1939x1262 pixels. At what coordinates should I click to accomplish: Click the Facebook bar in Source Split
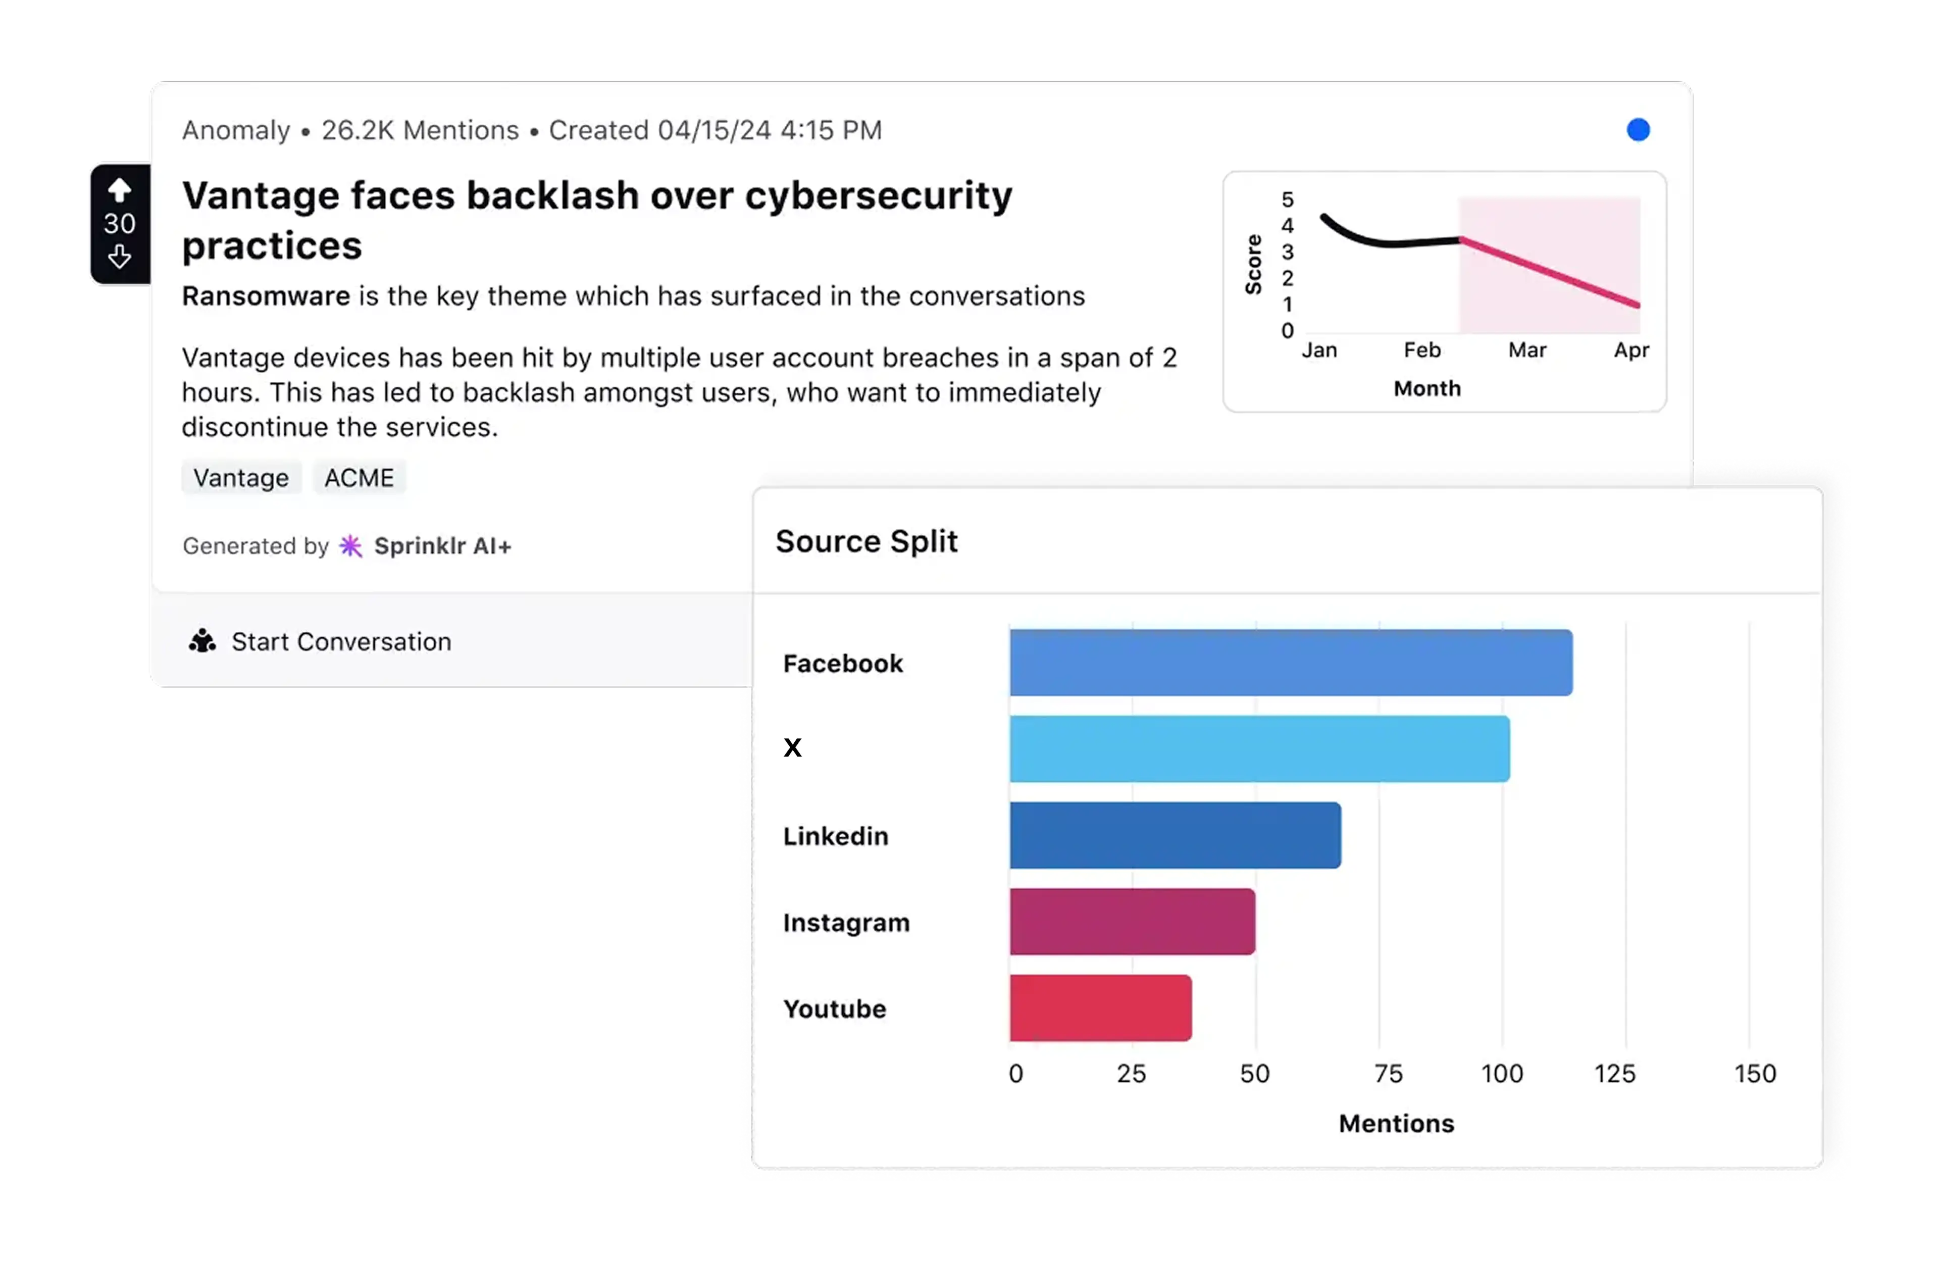pyautogui.click(x=1291, y=663)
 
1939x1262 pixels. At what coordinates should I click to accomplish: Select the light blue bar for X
pyautogui.click(x=1259, y=749)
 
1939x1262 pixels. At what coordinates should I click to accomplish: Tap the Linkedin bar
pyautogui.click(x=1175, y=835)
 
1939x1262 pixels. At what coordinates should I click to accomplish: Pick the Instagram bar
pyautogui.click(x=1132, y=922)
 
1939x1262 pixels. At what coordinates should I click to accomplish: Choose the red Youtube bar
pyautogui.click(x=1100, y=1008)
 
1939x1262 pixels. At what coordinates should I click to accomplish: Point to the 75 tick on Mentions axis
pyautogui.click(x=1388, y=1074)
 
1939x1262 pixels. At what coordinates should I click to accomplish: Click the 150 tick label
pyautogui.click(x=1755, y=1074)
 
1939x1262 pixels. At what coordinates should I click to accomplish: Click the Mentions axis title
pyautogui.click(x=1396, y=1124)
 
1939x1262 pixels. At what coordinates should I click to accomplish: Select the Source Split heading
pyautogui.click(x=866, y=541)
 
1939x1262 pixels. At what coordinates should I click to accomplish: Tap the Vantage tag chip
pyautogui.click(x=241, y=477)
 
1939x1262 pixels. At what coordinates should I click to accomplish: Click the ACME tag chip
pyautogui.click(x=359, y=477)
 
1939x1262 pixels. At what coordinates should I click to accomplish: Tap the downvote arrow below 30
pyautogui.click(x=120, y=258)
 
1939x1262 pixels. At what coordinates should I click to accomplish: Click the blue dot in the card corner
pyautogui.click(x=1638, y=130)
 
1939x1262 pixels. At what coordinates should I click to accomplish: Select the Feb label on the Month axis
pyautogui.click(x=1421, y=350)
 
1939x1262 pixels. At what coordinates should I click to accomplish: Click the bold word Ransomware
pyautogui.click(x=266, y=296)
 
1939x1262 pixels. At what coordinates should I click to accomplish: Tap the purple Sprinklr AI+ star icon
pyautogui.click(x=350, y=546)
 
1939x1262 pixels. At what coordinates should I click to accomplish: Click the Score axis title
pyautogui.click(x=1253, y=264)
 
